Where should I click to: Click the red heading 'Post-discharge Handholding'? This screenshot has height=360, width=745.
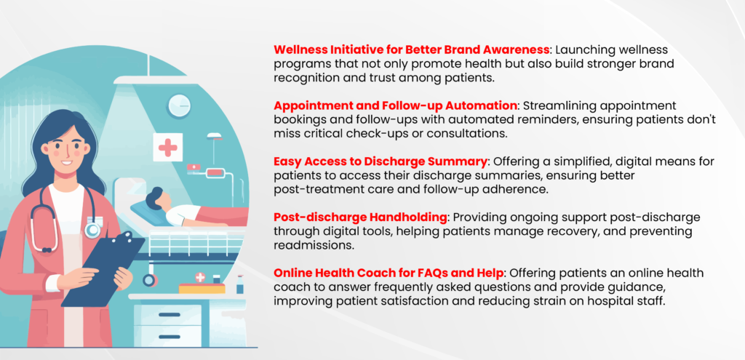tap(361, 217)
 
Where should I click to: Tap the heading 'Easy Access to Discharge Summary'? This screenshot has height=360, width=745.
tap(381, 161)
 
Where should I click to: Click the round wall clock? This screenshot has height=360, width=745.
tap(179, 105)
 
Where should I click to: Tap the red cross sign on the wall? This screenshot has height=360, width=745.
tap(168, 147)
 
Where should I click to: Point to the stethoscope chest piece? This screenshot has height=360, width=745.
tap(92, 230)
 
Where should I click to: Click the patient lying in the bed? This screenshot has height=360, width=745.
tap(190, 209)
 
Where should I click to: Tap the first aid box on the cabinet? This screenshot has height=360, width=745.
tap(202, 284)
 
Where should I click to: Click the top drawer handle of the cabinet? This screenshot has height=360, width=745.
tap(169, 315)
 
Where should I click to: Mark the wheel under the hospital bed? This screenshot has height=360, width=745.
tap(150, 280)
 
